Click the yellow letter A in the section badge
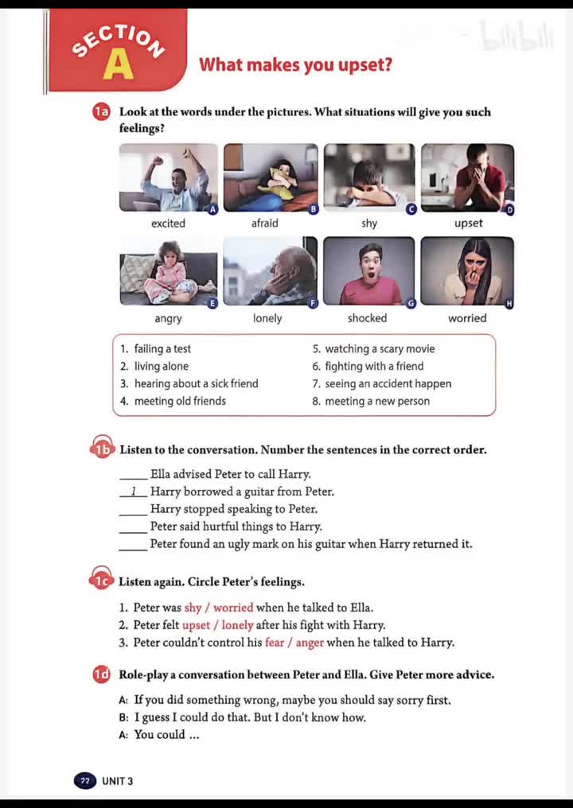(118, 66)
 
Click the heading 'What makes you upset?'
(295, 64)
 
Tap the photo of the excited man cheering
(168, 177)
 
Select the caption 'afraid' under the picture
(264, 223)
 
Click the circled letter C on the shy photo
(411, 209)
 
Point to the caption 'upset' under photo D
(468, 223)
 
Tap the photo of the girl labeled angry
(168, 272)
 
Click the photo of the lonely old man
(270, 272)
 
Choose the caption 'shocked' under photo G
(367, 318)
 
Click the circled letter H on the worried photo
(509, 304)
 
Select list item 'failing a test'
(162, 349)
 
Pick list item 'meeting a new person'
(376, 402)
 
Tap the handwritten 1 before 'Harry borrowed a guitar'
(134, 491)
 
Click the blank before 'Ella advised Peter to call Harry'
(133, 475)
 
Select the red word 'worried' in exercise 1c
(233, 608)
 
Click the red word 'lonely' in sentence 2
(237, 625)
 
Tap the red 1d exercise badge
(101, 675)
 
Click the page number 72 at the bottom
(84, 781)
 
